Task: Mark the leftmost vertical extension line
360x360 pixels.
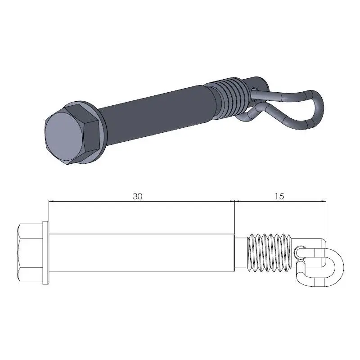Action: click(x=48, y=211)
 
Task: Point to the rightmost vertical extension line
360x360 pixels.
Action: click(x=325, y=216)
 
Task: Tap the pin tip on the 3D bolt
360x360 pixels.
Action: click(x=259, y=83)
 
